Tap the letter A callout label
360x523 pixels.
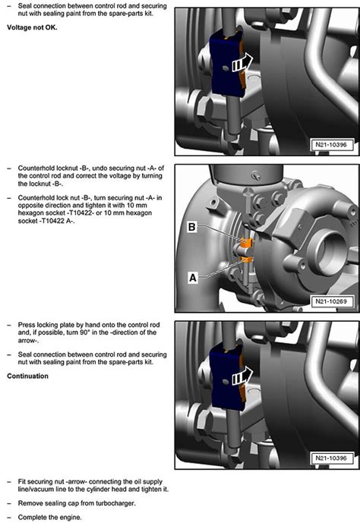194,279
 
